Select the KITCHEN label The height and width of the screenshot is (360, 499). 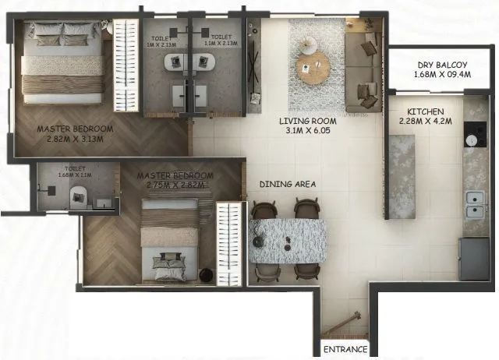tap(425, 112)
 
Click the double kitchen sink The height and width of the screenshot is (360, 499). tap(474, 205)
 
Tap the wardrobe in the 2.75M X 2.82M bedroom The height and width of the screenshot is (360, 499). tap(228, 242)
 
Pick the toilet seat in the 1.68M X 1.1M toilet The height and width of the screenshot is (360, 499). tap(78, 199)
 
